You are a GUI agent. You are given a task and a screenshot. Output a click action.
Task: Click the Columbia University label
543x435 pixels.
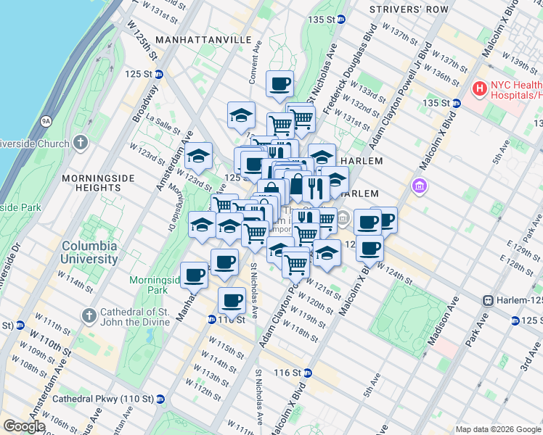point(89,252)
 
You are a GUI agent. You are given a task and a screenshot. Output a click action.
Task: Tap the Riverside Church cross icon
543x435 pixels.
point(80,142)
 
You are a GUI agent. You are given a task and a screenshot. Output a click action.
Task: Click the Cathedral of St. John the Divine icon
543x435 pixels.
point(89,315)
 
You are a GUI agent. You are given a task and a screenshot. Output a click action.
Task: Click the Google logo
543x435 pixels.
point(23,426)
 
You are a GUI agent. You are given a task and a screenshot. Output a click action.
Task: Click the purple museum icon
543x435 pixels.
point(420,187)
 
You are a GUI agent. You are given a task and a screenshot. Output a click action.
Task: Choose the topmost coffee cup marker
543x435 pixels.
point(279,84)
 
